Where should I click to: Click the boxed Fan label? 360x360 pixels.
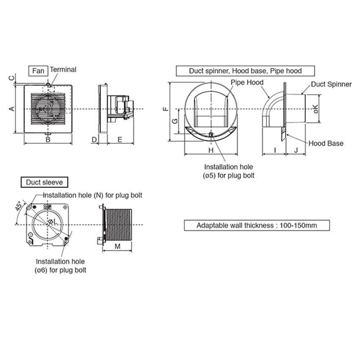point(39,71)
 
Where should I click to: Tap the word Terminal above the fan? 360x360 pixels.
point(63,69)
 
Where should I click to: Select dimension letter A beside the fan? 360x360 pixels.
point(12,108)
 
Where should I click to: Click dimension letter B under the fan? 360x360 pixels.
point(48,139)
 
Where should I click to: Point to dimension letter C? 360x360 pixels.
point(11,78)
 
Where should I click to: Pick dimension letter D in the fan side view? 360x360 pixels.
point(94,139)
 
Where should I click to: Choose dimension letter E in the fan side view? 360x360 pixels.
point(120,139)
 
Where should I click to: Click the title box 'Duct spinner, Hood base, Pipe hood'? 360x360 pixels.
point(245,71)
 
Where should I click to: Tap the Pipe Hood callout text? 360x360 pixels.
point(247,82)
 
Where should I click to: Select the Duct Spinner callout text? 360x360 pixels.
point(331,84)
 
